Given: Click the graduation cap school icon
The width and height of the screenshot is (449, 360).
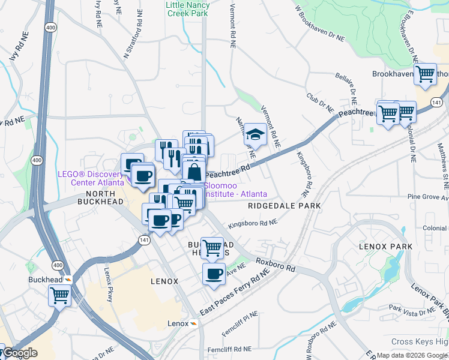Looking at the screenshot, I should tap(256, 135).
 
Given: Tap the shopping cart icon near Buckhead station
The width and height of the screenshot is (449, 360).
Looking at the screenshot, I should tap(59, 295).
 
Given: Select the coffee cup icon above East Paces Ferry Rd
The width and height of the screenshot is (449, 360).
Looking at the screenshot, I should tap(214, 274).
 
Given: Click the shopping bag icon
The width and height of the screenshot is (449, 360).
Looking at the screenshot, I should tap(194, 172).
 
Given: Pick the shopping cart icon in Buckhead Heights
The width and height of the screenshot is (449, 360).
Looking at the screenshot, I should tap(211, 247).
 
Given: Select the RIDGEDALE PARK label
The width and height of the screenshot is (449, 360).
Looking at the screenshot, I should tap(284, 206).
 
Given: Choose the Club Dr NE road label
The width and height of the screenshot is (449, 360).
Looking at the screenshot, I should tap(319, 103).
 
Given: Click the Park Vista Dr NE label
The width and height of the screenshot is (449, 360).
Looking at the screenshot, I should tap(411, 310).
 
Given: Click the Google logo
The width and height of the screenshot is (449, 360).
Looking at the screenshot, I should tap(20, 353).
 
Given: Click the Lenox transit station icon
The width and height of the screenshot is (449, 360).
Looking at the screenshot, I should tap(194, 323).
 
